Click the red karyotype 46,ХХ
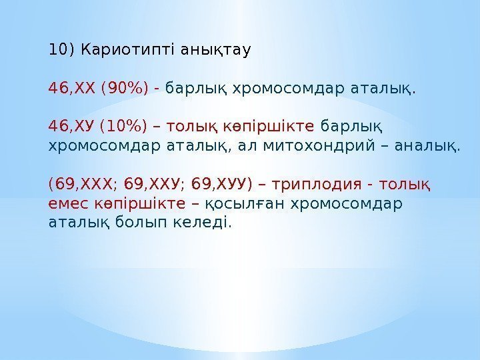tap(73, 87)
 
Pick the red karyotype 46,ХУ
tap(73, 126)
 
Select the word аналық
tap(427, 145)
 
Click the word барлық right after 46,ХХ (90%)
tap(189, 88)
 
